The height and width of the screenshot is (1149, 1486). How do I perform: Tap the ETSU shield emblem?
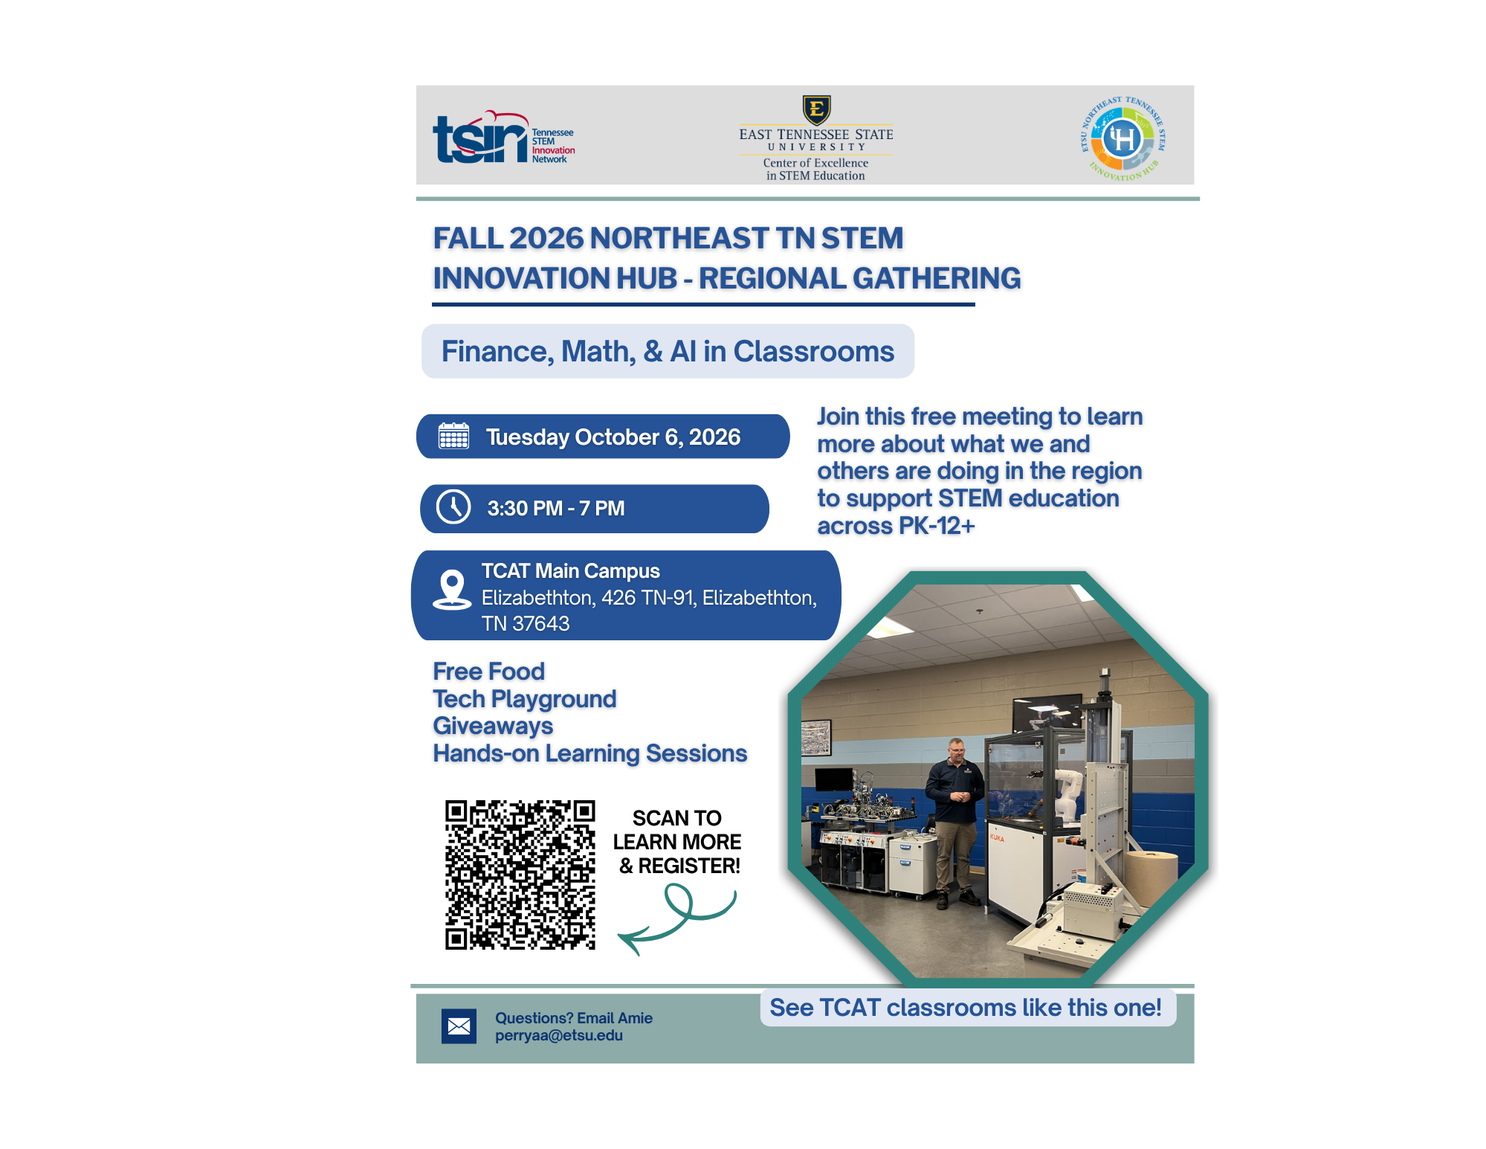(x=816, y=110)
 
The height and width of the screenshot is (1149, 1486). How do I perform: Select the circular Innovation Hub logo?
(x=1122, y=139)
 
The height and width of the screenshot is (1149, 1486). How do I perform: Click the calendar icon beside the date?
(x=453, y=436)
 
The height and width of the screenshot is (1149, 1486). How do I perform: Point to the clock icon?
(x=453, y=507)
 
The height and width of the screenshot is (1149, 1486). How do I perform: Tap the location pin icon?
(x=452, y=590)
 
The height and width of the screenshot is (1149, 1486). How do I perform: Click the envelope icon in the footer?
(x=459, y=1026)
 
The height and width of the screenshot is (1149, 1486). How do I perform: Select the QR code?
(x=520, y=875)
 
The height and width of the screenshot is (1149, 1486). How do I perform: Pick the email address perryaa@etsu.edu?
(x=559, y=1035)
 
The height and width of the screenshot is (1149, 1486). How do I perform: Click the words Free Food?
(x=488, y=672)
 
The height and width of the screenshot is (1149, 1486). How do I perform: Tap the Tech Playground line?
(x=525, y=699)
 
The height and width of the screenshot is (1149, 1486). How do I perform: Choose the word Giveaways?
(x=493, y=726)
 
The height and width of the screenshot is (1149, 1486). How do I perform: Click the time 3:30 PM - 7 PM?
(x=556, y=509)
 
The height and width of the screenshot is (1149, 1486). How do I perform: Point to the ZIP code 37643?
(x=541, y=623)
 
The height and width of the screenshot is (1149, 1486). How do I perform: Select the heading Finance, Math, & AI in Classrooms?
(x=668, y=352)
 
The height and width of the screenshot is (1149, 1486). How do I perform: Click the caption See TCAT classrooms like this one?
(x=965, y=1008)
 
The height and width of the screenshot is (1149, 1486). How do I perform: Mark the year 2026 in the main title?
(x=546, y=238)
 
